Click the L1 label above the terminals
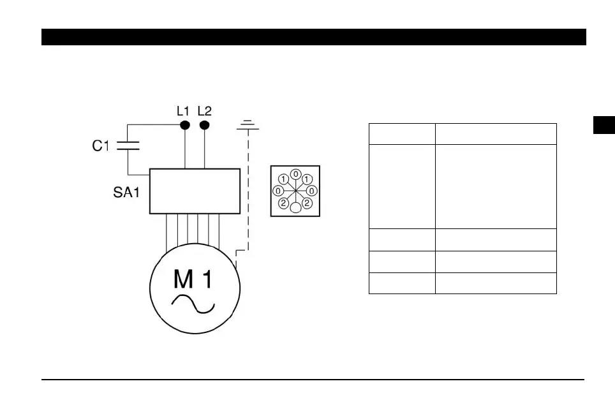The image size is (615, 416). (x=183, y=110)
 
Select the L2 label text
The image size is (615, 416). (x=204, y=110)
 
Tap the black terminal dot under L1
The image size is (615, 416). (x=185, y=125)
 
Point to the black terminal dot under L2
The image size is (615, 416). (x=204, y=125)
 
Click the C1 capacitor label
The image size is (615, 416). (x=101, y=146)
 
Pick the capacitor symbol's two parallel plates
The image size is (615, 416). (x=128, y=145)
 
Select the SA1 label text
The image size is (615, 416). (x=122, y=192)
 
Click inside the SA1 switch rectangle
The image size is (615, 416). (x=195, y=191)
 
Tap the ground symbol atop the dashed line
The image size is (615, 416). (x=248, y=124)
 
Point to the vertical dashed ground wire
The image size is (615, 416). (x=248, y=191)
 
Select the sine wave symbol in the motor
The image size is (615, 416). (x=193, y=304)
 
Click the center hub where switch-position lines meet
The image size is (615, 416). (x=295, y=191)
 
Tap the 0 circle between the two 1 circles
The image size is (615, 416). (x=295, y=174)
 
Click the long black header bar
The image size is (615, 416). (x=313, y=37)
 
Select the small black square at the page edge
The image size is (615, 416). (x=604, y=125)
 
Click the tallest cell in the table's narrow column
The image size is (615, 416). (x=402, y=186)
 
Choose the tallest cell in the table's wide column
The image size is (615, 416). (x=496, y=186)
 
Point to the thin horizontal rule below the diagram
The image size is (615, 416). (x=313, y=380)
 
